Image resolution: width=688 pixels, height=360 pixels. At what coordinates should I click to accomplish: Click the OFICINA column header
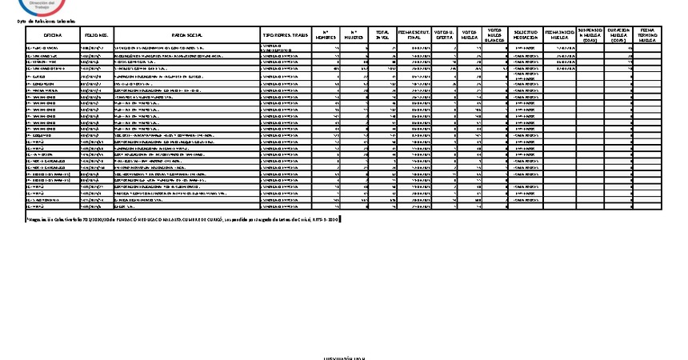53,35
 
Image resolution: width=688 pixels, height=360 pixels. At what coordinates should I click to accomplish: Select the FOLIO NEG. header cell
95,35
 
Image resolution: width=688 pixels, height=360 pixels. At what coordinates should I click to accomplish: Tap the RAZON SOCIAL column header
186,35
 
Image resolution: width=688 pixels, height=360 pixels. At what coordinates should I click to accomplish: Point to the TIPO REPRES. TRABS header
285,35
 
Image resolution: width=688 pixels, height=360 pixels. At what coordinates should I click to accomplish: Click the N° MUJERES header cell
355,35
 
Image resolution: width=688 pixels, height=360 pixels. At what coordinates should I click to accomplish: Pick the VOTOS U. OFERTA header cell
442,35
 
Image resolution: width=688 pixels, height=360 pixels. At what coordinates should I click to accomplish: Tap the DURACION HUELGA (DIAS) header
618,35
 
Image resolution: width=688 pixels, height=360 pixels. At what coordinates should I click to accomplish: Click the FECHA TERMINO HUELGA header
648,35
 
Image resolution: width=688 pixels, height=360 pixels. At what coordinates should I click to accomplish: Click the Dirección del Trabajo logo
38,6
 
